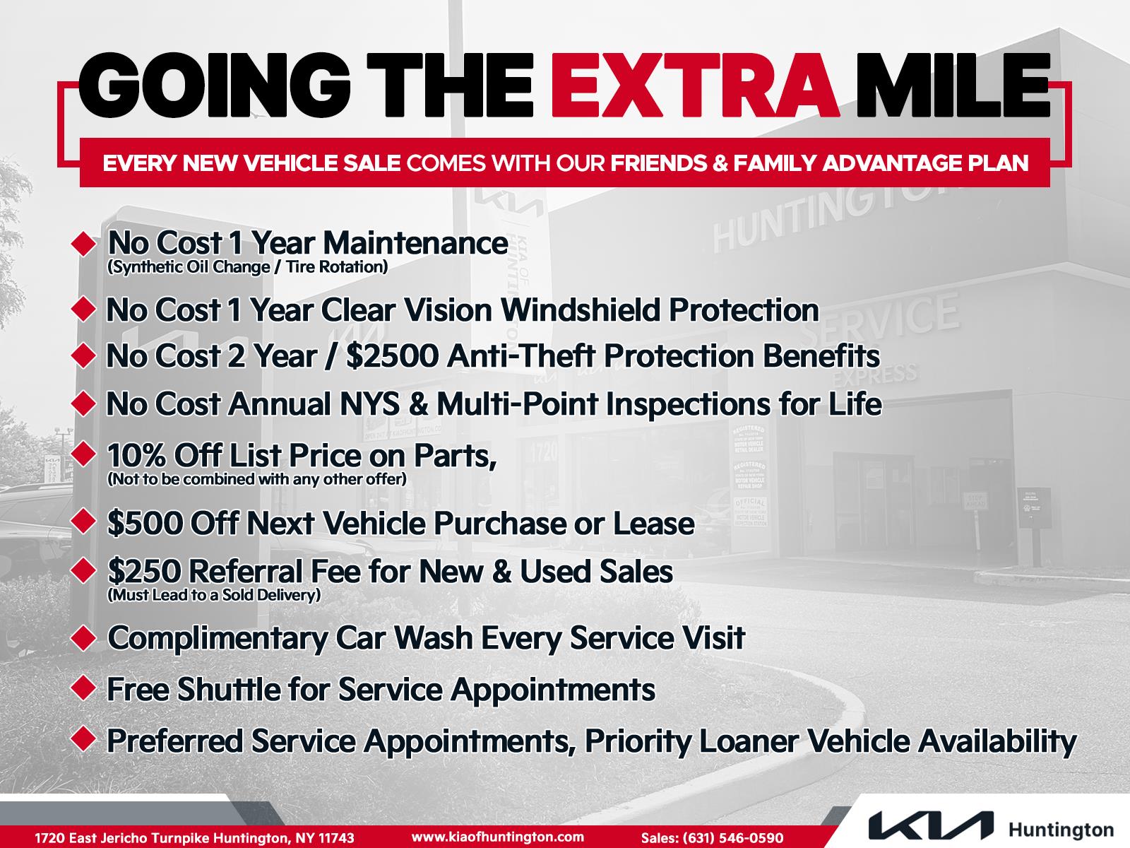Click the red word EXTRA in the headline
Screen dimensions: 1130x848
coord(695,86)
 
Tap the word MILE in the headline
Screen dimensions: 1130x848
coord(953,86)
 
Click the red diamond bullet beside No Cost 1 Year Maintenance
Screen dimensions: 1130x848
coord(83,244)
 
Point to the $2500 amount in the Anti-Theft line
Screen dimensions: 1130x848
coord(392,355)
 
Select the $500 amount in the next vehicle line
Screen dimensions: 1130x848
coord(145,523)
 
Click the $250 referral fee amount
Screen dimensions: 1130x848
coord(145,571)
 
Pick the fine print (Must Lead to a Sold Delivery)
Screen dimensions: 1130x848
coord(214,595)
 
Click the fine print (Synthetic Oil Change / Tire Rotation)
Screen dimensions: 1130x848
coord(247,266)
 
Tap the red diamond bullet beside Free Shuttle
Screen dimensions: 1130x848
coord(83,688)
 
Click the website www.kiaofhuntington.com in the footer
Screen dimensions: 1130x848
coord(498,837)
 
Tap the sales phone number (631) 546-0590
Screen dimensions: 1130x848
coord(733,837)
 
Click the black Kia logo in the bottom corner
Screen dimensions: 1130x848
coord(931,826)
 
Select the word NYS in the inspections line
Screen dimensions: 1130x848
coord(366,404)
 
